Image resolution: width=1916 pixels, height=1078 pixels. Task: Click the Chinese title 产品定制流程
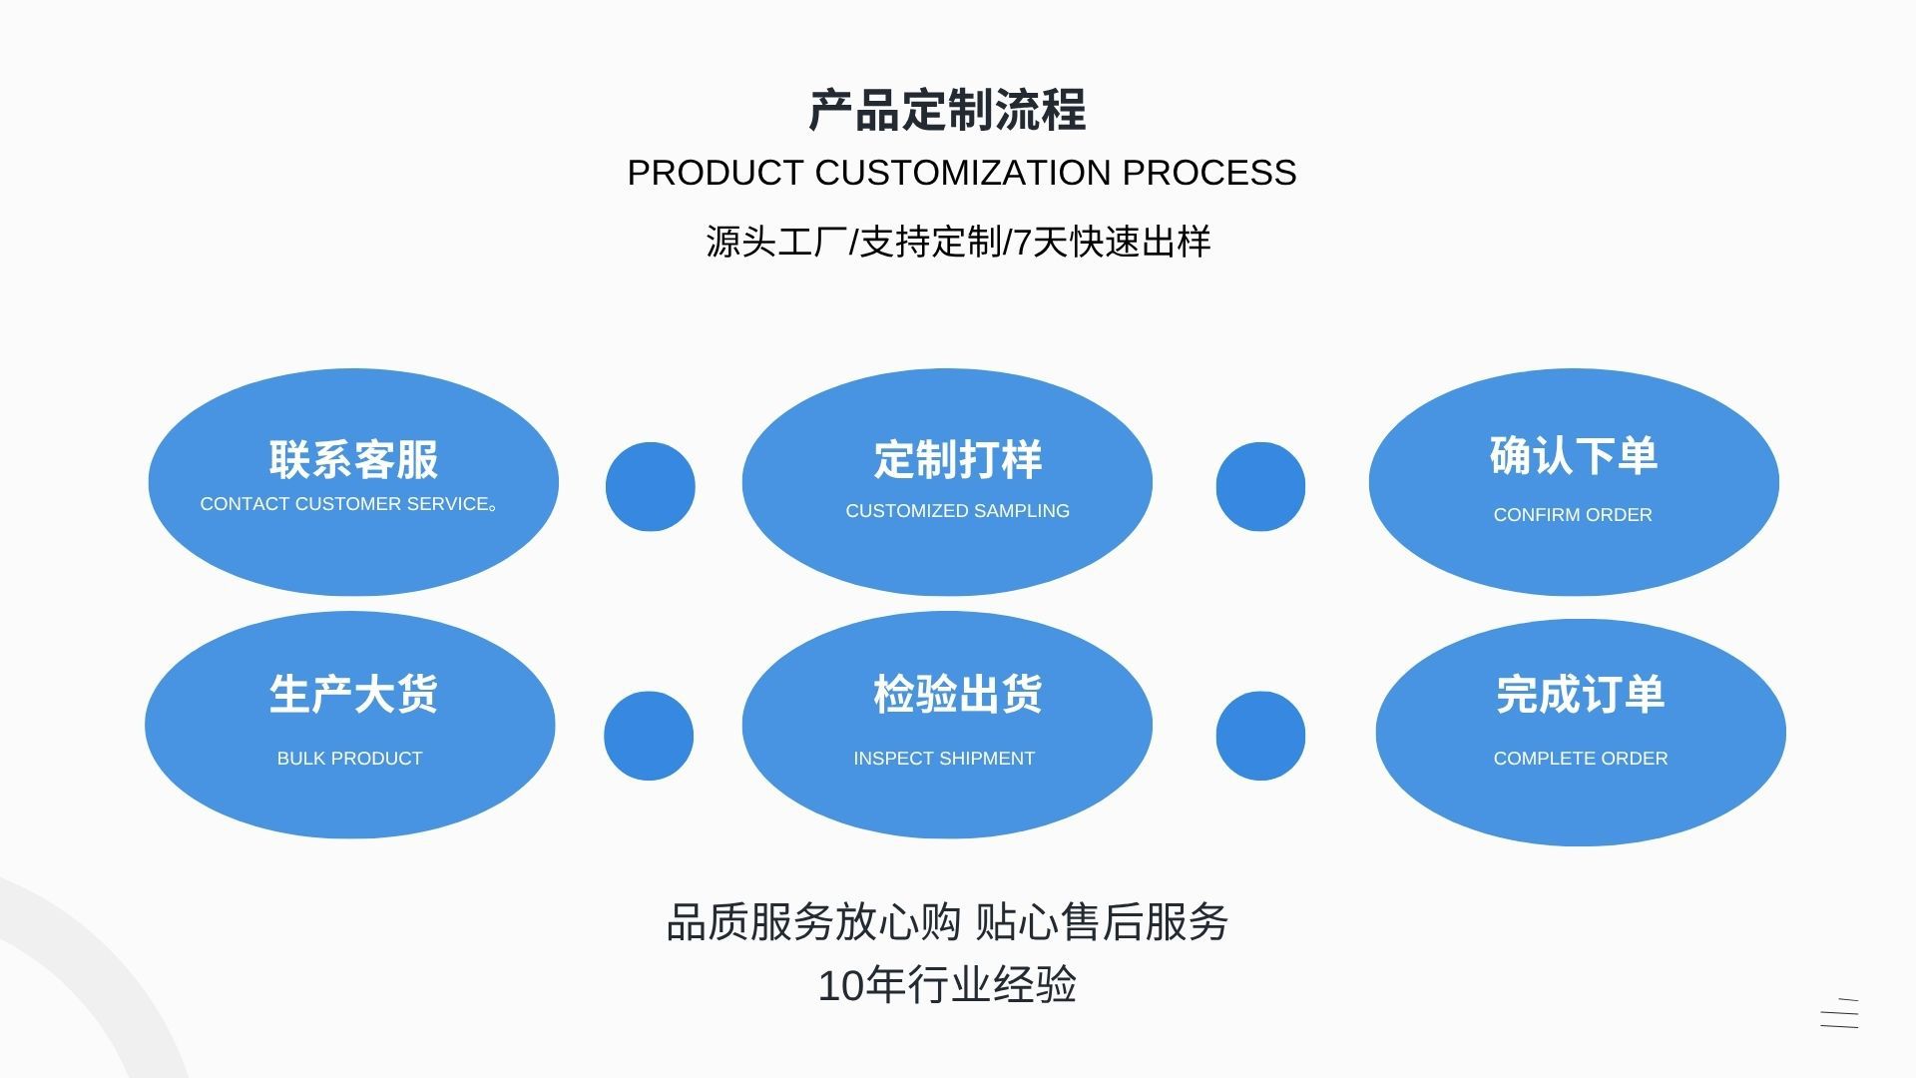point(947,110)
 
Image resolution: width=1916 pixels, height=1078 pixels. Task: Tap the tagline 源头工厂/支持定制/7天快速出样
point(958,242)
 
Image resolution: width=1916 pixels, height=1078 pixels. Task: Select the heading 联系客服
point(353,459)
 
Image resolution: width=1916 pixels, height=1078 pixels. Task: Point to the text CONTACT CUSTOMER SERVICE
point(346,504)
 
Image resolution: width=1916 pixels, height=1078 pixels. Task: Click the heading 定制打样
point(958,459)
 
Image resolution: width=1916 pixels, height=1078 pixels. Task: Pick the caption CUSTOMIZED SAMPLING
point(957,511)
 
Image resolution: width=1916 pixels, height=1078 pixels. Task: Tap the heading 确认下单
point(1574,455)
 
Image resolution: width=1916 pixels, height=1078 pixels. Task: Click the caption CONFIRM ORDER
point(1573,515)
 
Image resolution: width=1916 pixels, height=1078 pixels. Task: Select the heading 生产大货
point(353,694)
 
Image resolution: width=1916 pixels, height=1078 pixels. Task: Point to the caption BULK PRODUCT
point(349,759)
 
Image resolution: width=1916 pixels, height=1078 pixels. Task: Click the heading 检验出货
point(958,694)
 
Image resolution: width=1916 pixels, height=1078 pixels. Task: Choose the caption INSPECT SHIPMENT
point(944,759)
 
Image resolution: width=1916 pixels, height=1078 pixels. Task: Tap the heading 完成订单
point(1581,694)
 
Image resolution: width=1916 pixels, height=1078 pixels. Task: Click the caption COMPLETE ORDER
point(1581,759)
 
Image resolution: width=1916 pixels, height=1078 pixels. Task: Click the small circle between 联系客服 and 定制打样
point(651,487)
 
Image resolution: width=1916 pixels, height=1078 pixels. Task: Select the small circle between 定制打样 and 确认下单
point(1260,487)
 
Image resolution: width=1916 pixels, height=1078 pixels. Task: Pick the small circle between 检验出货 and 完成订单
point(1260,736)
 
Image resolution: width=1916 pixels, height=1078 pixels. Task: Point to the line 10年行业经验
point(947,985)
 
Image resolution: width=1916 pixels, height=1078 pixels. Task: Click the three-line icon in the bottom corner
point(1839,1013)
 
